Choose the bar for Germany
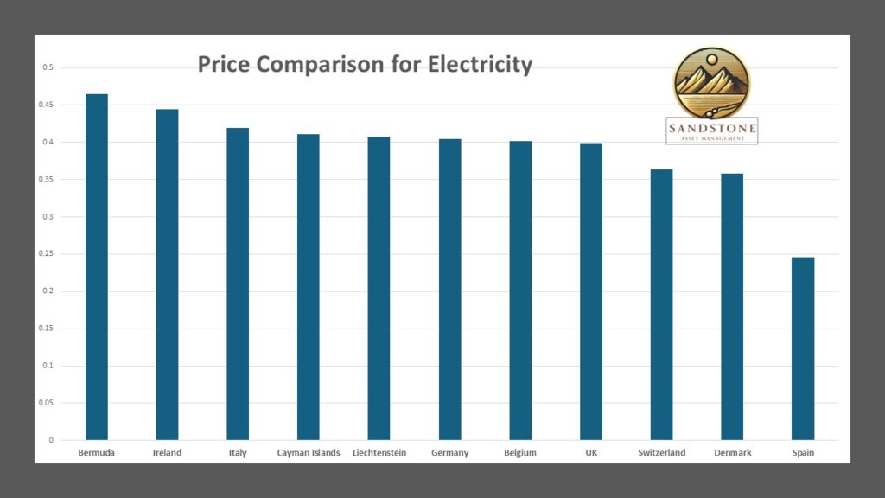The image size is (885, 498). point(449,289)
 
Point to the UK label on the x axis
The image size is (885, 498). point(591,453)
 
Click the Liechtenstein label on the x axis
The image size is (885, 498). point(379,453)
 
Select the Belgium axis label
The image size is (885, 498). point(520,453)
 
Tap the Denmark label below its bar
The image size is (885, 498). point(732,453)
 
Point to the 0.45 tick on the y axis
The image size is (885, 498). point(47,105)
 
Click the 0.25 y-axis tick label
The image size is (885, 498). point(47,254)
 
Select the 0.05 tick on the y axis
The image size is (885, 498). point(47,403)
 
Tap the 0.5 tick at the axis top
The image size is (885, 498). point(48,67)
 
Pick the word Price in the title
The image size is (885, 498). point(227,65)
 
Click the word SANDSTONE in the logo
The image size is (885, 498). point(712,129)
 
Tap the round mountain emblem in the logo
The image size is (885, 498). point(711,83)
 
